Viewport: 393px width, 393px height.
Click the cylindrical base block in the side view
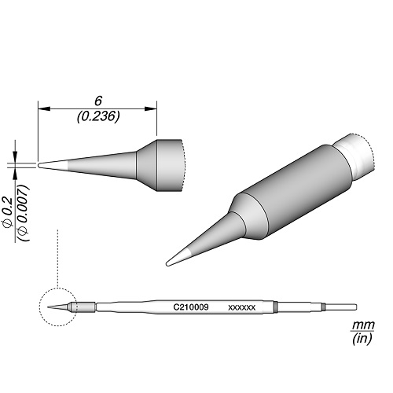161,165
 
